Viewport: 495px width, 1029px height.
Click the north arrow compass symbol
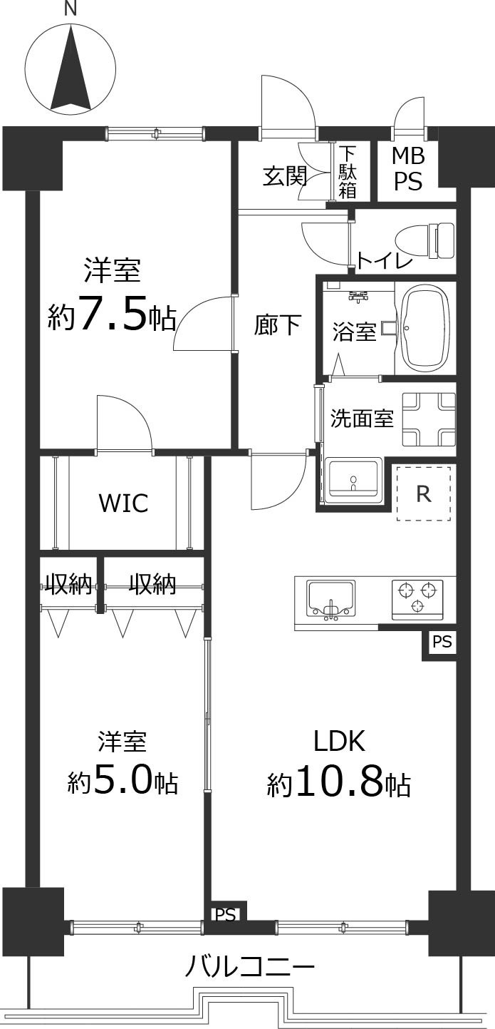71,70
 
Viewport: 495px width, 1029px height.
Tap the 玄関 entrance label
285,175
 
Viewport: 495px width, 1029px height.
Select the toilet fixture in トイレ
427,241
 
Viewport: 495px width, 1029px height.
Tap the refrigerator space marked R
424,493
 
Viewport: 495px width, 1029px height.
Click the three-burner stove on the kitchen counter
417,598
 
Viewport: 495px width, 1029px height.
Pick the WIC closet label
123,503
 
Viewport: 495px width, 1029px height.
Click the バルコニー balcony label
250,968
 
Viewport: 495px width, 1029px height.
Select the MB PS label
409,169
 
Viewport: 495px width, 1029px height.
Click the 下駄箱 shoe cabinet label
348,171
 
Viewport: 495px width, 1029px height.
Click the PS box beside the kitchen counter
442,642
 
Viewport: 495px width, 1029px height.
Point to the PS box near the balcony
225,915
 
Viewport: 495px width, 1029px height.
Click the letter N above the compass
70,9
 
